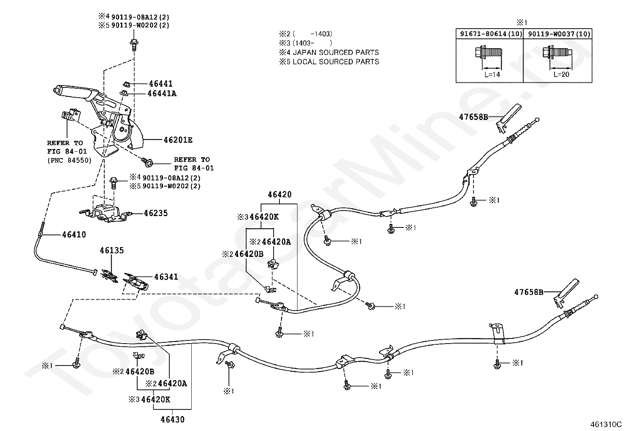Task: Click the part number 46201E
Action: pos(178,140)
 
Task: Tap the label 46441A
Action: pos(162,93)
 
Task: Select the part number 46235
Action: pos(156,213)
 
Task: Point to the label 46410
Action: pos(74,235)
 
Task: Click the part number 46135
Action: pos(112,250)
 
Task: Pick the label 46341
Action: pos(166,276)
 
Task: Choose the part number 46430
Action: pos(172,419)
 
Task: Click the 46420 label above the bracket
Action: pos(280,194)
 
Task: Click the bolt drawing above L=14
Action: pos(489,52)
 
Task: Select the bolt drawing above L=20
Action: pos(557,52)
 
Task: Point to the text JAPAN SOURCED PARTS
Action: pos(336,53)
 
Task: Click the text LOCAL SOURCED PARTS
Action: pos(336,62)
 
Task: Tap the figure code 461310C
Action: pos(606,424)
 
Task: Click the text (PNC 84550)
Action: pos(69,160)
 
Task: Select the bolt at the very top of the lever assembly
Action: pos(134,44)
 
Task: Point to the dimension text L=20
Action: pos(561,75)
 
